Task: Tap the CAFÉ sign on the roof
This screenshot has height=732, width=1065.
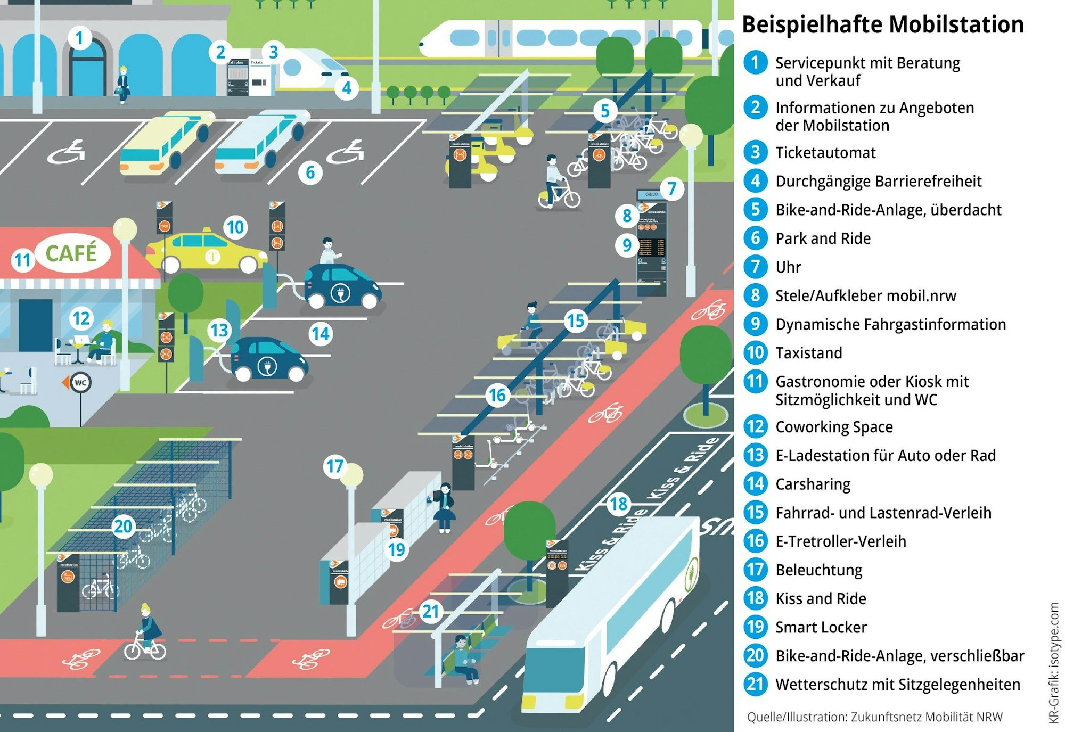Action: click(71, 253)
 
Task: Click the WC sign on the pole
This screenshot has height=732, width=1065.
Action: click(80, 382)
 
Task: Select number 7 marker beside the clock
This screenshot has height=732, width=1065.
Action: click(672, 188)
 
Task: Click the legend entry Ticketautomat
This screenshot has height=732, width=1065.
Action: click(825, 153)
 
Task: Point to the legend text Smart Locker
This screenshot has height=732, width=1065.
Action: click(821, 627)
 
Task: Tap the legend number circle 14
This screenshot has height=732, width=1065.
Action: click(755, 483)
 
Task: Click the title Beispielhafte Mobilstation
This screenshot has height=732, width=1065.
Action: click(882, 24)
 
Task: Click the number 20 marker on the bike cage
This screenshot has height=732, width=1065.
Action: click(123, 526)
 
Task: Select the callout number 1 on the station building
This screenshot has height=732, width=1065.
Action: click(80, 38)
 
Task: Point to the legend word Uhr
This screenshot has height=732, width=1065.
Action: click(788, 267)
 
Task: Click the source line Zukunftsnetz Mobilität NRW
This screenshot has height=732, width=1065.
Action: click(874, 717)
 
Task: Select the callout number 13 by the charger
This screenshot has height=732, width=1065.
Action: click(219, 330)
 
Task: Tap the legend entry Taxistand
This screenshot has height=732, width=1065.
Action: click(808, 353)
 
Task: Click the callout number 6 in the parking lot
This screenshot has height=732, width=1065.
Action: click(310, 172)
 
